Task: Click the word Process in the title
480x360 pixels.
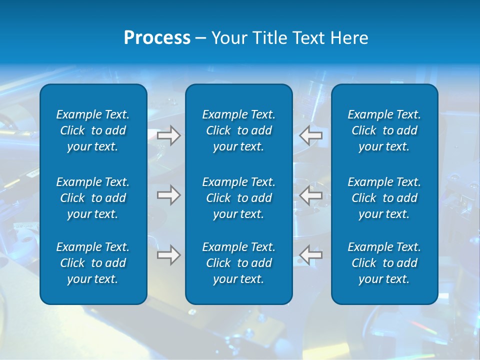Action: click(157, 38)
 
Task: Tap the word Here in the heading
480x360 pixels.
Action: click(350, 38)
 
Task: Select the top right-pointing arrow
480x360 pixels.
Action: click(168, 135)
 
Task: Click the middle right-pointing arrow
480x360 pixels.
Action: click(168, 194)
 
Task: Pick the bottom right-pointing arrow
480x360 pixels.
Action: click(168, 255)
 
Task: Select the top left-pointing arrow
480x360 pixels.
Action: click(310, 134)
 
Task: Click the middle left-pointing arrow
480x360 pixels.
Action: click(310, 194)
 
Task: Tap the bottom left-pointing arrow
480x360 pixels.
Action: click(310, 255)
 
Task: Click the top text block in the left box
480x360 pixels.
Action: click(93, 130)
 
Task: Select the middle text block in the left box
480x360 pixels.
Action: click(93, 198)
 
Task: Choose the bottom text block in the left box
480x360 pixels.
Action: click(93, 263)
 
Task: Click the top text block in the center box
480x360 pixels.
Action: click(239, 130)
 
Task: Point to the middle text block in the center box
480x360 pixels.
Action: click(239, 198)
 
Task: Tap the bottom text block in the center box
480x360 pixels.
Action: click(239, 263)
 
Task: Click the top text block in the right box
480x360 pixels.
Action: click(384, 130)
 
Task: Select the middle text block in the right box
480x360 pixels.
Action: click(384, 198)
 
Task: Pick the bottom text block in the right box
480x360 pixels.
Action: click(384, 263)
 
